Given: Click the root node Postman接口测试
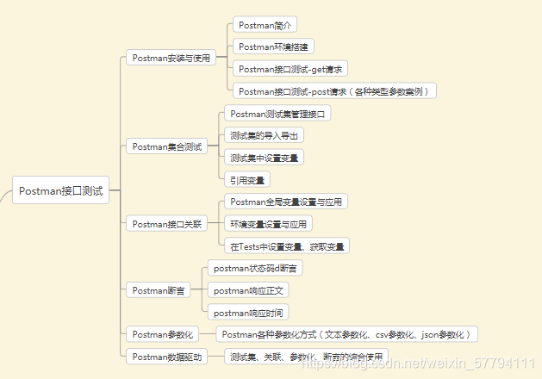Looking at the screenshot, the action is click(x=60, y=191).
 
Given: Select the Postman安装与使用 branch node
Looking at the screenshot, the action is click(x=171, y=58).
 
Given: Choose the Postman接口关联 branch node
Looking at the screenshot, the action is click(x=167, y=224).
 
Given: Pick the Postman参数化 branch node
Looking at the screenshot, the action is click(x=162, y=333).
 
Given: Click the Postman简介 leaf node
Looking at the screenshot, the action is click(x=265, y=24).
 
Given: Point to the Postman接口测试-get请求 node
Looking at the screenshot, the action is click(x=293, y=68).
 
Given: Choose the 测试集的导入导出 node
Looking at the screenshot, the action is click(x=264, y=135).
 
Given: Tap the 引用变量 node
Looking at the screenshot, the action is click(x=246, y=180).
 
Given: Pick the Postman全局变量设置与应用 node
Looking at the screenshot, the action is click(x=286, y=202).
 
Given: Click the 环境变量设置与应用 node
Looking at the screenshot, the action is click(x=268, y=224).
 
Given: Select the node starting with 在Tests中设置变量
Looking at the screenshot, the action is click(x=286, y=246).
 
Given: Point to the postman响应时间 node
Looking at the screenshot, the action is click(x=249, y=313).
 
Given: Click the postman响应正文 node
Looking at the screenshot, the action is click(x=249, y=290).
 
